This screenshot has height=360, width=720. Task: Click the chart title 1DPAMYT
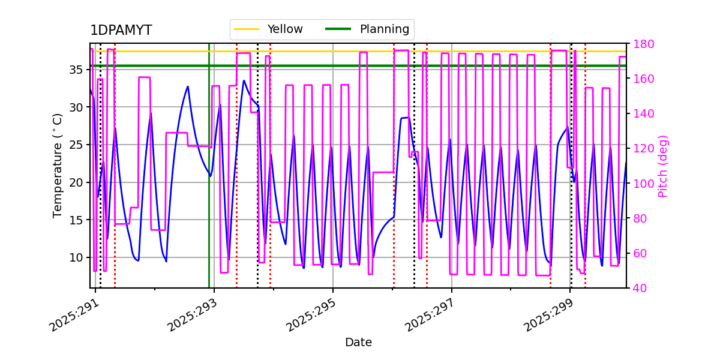(121, 31)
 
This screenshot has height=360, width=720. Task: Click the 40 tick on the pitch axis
(637, 288)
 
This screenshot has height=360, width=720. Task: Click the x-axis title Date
(358, 343)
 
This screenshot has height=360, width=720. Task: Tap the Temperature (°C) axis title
(58, 165)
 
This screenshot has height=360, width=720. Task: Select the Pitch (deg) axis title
(663, 166)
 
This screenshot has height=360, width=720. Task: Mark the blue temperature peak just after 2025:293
(244, 80)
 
